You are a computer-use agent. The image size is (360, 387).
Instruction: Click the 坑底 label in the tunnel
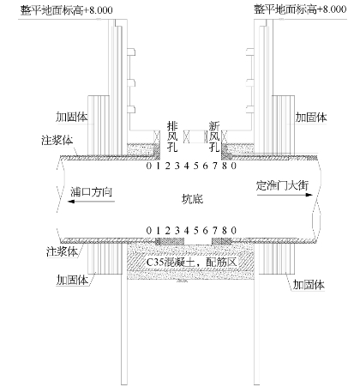(192, 199)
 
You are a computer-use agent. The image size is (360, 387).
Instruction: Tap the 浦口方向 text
(91, 192)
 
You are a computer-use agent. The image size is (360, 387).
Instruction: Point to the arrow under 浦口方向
(91, 202)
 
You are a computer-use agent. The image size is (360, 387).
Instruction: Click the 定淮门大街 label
(282, 185)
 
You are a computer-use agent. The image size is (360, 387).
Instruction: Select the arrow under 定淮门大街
(285, 195)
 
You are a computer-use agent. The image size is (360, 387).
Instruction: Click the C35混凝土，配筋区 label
(191, 262)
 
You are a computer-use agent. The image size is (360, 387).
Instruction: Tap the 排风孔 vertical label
(172, 136)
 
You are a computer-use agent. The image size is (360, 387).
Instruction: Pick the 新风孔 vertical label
(214, 136)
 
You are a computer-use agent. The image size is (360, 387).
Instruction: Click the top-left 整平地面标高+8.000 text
(66, 10)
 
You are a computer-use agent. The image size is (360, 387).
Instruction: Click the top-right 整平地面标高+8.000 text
(300, 9)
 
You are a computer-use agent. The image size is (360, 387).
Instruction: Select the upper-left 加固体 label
(72, 117)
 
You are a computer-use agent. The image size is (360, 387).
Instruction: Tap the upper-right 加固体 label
(311, 118)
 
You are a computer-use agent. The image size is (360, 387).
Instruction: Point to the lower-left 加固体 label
(72, 280)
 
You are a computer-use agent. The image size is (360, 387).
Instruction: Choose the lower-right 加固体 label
(309, 285)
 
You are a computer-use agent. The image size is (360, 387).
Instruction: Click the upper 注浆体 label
(57, 141)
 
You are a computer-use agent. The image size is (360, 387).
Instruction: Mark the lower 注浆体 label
(62, 251)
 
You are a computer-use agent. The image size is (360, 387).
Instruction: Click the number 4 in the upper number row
(187, 166)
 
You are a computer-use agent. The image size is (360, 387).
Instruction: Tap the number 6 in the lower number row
(206, 230)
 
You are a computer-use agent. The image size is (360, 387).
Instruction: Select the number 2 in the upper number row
(168, 166)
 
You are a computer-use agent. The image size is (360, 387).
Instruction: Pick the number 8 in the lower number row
(225, 230)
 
